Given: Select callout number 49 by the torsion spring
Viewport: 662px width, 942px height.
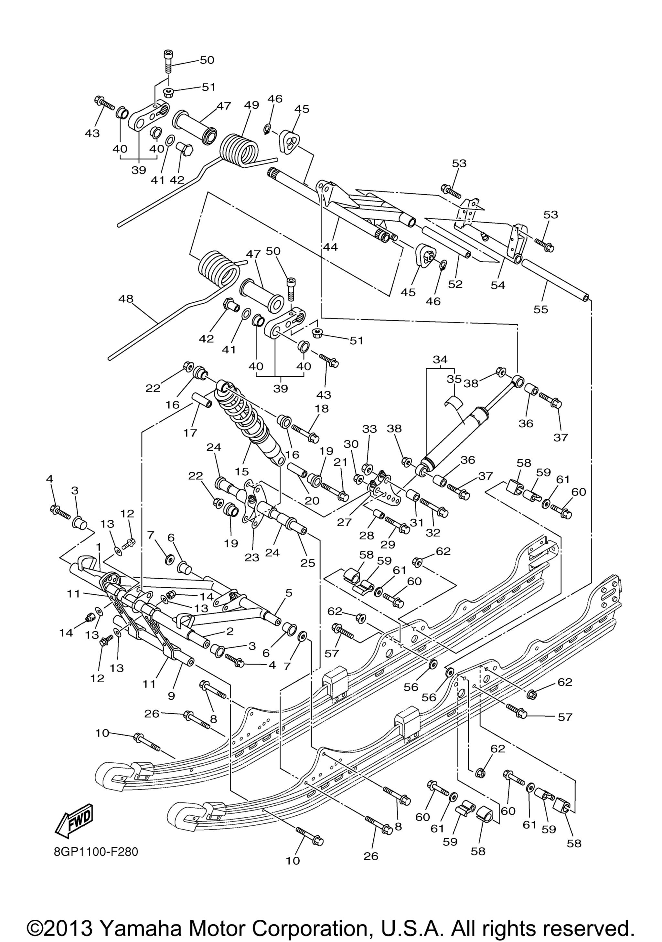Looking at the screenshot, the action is [x=251, y=105].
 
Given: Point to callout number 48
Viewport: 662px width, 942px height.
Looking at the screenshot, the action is [x=126, y=299].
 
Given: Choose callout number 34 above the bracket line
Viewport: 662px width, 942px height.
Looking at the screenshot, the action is [x=440, y=360].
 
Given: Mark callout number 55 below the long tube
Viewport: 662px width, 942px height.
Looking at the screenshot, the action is [x=540, y=309].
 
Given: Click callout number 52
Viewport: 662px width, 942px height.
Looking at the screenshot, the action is [x=455, y=284].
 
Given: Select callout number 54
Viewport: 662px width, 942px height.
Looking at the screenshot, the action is [x=498, y=285].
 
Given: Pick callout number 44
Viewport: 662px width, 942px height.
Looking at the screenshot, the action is [x=330, y=247].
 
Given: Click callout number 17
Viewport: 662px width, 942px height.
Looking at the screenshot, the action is [x=190, y=433].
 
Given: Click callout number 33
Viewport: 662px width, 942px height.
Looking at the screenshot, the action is [x=369, y=429].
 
